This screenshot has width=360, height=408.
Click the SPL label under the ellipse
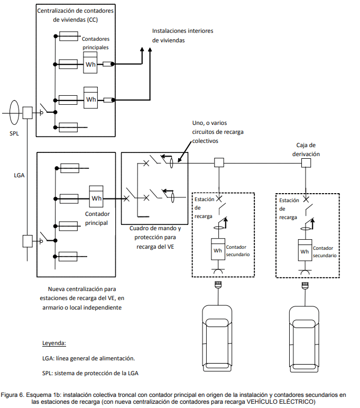pos(14,133)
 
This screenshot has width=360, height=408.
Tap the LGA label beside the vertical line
pos(19,175)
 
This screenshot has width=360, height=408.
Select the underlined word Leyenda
pos(54,343)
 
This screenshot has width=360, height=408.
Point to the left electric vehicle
pos(217,338)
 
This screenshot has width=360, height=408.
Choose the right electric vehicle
pos(304,339)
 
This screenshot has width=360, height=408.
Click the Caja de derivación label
pos(306,150)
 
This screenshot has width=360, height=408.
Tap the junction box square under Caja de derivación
pos(306,163)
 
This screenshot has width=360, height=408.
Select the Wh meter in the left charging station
pos(218,249)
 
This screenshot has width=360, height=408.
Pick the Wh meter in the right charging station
pos(304,250)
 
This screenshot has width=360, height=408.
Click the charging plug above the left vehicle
pos(218,285)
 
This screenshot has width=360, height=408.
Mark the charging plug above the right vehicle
pos(305,285)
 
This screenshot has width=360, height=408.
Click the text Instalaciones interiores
pos(183,31)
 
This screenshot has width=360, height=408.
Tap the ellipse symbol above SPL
pos(14,112)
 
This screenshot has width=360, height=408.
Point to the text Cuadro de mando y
pos(155,229)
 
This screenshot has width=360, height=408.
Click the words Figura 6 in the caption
pos(12,395)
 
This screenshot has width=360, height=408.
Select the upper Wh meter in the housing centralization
pos(90,62)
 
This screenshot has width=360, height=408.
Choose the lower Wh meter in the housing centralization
pos(91,97)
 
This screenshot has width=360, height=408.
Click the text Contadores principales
pos(95,43)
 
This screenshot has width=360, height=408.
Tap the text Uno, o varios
pos(209,123)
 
